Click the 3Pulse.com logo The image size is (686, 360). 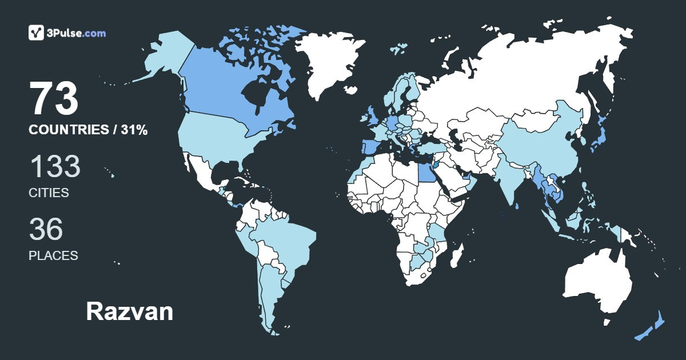67,33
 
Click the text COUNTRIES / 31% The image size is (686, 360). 88,130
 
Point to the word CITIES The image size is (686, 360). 49,193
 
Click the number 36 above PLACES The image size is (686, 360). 46,229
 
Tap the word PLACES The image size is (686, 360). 53,255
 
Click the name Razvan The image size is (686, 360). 129,311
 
